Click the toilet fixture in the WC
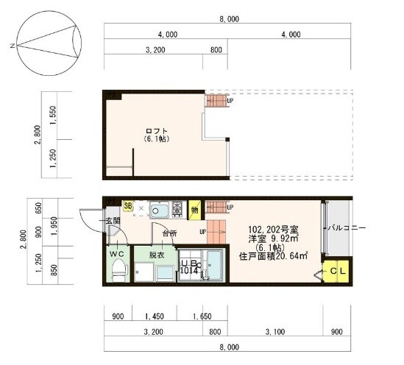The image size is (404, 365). click(118, 273)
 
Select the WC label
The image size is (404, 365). click(118, 255)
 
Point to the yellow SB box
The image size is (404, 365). click(128, 207)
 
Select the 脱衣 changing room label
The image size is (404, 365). click(157, 255)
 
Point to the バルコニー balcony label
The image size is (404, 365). click(347, 228)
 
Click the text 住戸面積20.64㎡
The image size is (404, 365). click(273, 257)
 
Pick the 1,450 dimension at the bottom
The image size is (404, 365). click(154, 317)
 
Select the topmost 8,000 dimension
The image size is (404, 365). click(229, 21)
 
